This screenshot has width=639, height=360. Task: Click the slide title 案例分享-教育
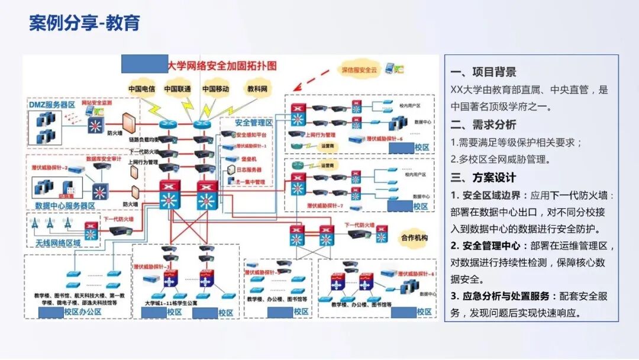(85, 23)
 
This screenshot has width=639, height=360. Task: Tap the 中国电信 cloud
(141, 89)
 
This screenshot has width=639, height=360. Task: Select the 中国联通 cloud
(177, 89)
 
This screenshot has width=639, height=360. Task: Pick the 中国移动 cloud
(215, 89)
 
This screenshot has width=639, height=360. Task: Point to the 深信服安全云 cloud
(359, 70)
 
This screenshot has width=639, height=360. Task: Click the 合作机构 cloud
(414, 236)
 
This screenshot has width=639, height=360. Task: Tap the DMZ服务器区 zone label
(52, 104)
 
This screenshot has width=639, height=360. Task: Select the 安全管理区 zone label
(253, 123)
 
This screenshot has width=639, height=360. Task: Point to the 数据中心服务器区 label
(65, 205)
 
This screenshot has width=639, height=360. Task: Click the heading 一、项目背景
(483, 72)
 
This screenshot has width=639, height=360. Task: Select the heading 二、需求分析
(483, 125)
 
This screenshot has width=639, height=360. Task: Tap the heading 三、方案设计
(483, 178)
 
